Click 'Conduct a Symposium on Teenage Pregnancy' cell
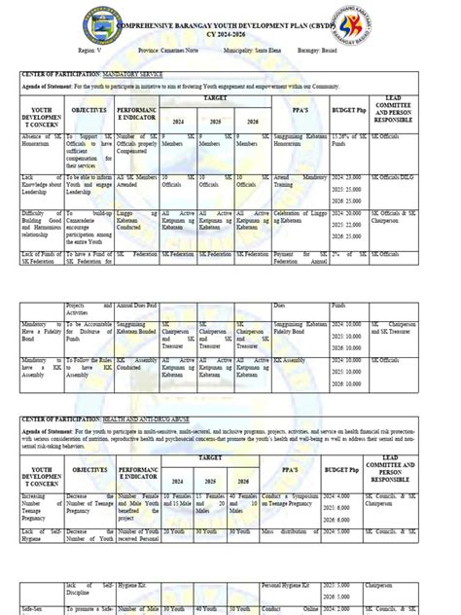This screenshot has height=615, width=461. pyautogui.click(x=300, y=501)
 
